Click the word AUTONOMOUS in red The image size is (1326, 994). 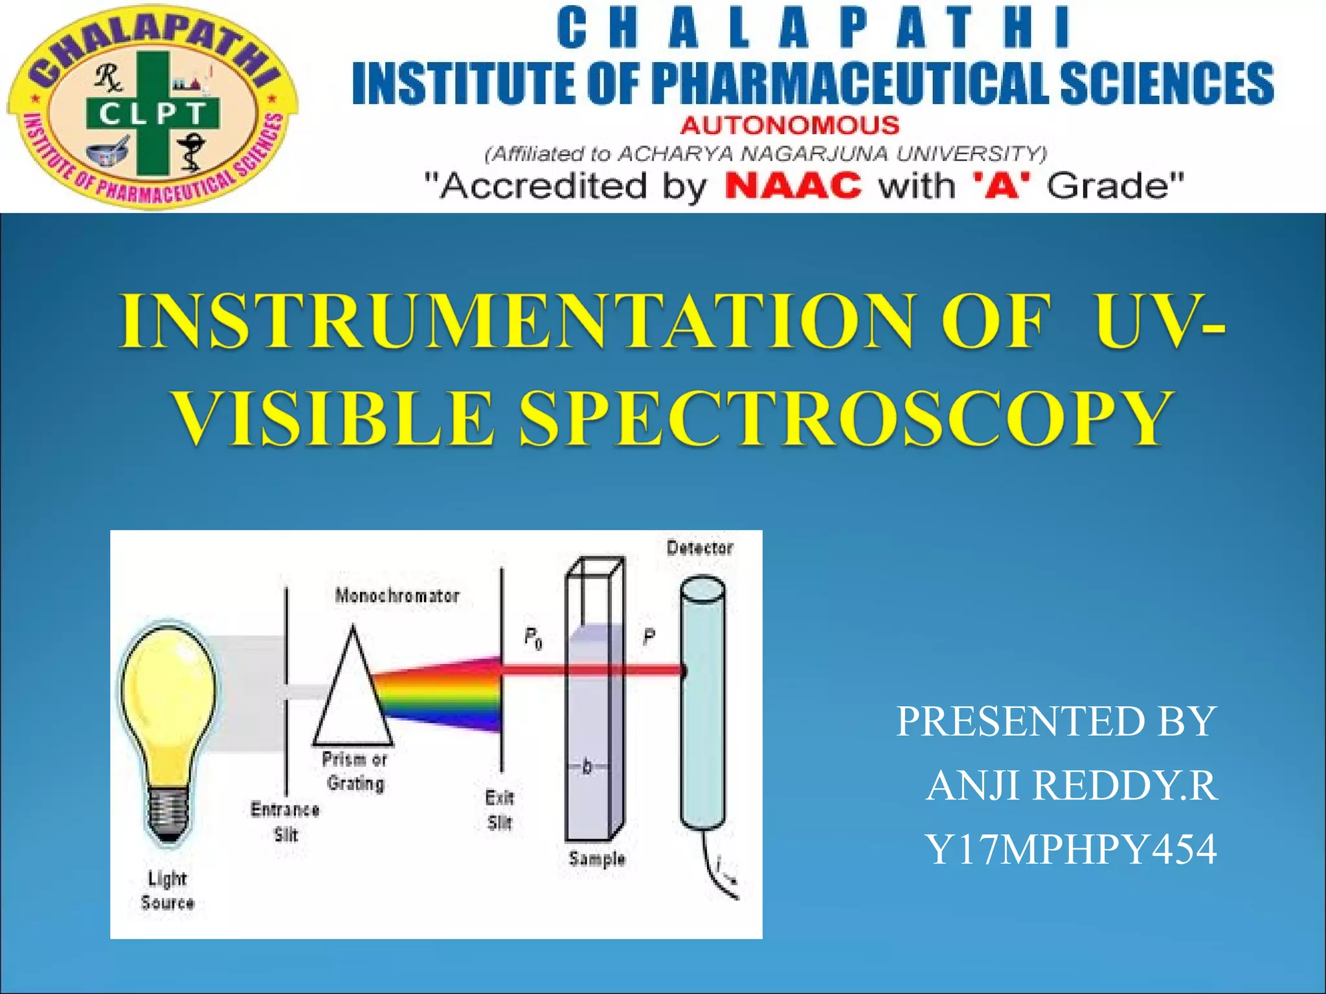coord(789,124)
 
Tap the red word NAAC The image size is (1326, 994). coord(793,186)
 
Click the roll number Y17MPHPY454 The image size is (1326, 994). coord(1070,849)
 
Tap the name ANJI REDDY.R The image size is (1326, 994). coord(1072,785)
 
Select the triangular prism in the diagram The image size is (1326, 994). coord(353,696)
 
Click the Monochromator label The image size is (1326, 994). coord(397,595)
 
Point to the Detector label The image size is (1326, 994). coord(700,548)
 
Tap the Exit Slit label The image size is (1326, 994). coord(499,810)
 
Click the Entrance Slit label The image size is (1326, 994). coord(285,821)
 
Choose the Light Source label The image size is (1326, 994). coord(167,890)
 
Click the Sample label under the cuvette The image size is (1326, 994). coord(597,859)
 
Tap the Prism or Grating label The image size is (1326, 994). coord(355,771)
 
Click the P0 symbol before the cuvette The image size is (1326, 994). coord(533,639)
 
